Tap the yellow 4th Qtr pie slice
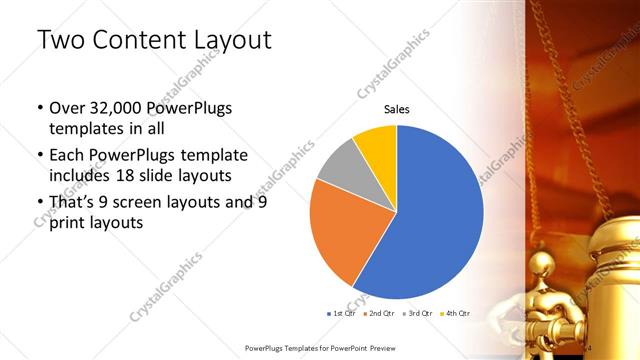(x=377, y=143)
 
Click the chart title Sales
(x=397, y=110)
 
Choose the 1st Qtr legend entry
(x=342, y=313)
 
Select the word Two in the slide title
(x=58, y=40)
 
